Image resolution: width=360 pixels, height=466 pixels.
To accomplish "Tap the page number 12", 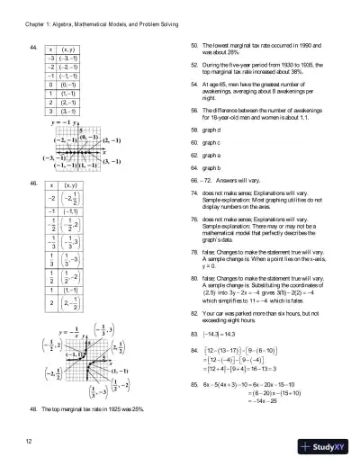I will click(x=30, y=441).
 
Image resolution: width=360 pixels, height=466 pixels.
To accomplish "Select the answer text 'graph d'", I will click(x=216, y=130).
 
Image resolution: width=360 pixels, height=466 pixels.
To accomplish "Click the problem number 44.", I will click(x=33, y=45).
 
